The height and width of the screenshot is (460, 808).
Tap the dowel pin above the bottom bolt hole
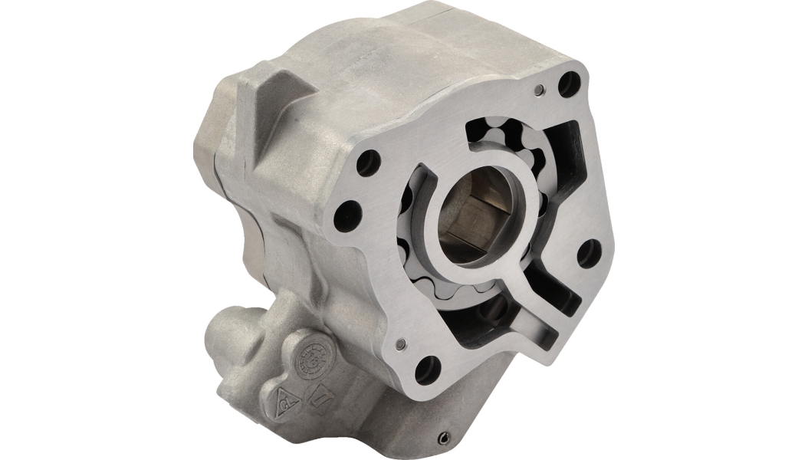[402, 344]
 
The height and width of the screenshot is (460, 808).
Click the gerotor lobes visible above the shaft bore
[512, 146]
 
